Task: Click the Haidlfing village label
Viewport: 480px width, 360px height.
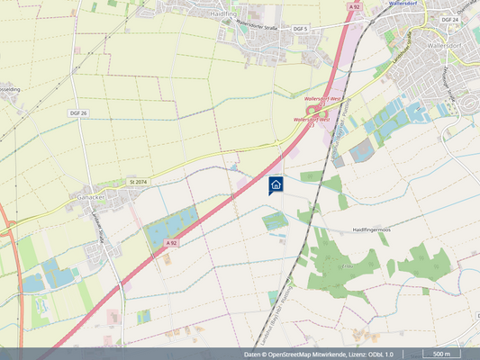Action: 249,15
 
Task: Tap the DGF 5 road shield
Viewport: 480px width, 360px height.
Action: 300,29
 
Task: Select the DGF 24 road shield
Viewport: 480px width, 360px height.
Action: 450,19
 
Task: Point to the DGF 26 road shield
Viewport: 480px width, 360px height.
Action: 78,112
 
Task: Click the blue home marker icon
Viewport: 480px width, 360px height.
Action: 276,184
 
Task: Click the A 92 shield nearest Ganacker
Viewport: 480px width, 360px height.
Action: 172,243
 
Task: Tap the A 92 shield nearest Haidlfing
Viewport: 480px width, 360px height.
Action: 355,6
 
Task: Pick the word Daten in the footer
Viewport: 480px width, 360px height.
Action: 253,355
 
